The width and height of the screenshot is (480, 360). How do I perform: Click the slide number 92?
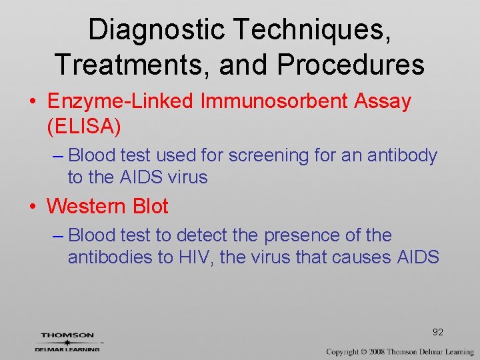pyautogui.click(x=438, y=332)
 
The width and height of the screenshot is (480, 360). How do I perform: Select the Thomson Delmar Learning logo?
pyautogui.click(x=68, y=341)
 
